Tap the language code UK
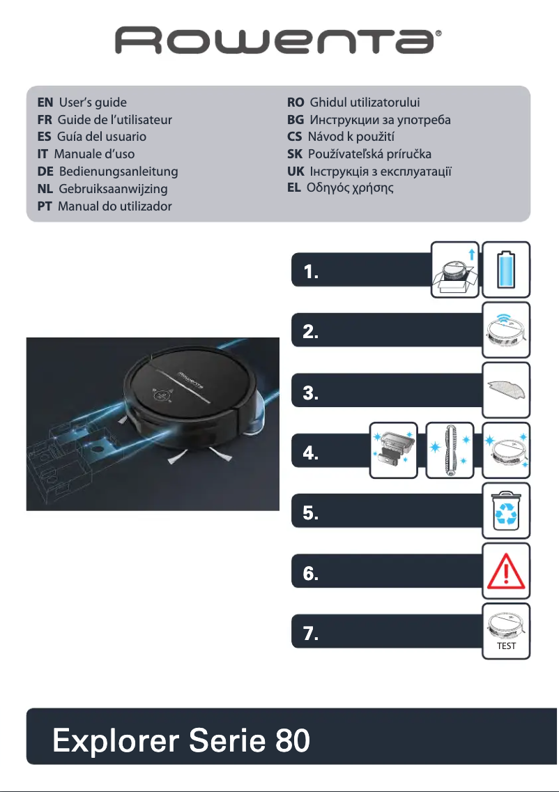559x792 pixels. [x=296, y=171]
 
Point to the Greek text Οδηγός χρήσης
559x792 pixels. [x=350, y=188]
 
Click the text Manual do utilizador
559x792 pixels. [x=115, y=206]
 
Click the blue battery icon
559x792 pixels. [x=507, y=266]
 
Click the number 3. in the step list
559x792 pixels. [x=311, y=395]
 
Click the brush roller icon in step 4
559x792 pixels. [x=450, y=450]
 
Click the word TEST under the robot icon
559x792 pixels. [x=507, y=646]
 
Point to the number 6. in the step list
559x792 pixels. [x=311, y=575]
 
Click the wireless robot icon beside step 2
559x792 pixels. [x=507, y=326]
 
